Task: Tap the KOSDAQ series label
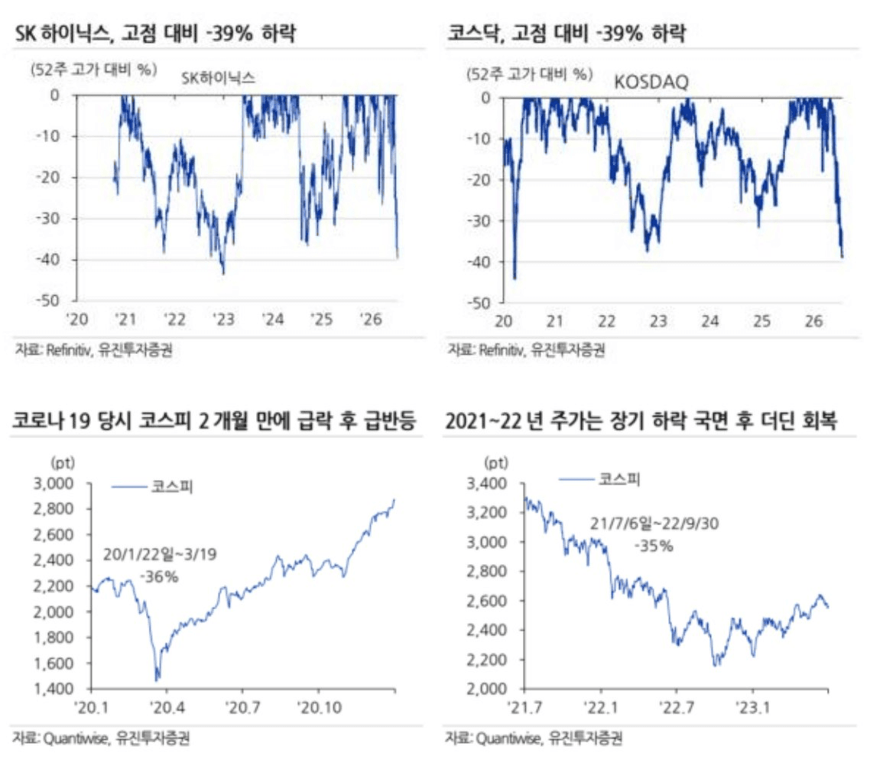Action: (651, 83)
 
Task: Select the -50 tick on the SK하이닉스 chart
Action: (48, 300)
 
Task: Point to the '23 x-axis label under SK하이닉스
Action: (223, 320)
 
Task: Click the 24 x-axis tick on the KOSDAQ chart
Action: (709, 321)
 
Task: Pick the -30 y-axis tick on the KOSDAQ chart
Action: (479, 221)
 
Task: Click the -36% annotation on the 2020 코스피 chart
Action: (160, 577)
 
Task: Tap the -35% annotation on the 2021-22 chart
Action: (654, 546)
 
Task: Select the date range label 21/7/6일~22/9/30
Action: (654, 524)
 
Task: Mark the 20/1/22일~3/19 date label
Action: (160, 554)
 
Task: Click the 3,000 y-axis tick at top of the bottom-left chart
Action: (54, 484)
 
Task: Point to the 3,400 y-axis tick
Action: (486, 484)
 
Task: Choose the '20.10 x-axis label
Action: (319, 708)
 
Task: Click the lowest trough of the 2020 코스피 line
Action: (157, 680)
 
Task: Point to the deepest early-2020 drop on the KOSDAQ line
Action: (515, 278)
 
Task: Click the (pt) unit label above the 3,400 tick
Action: (495, 462)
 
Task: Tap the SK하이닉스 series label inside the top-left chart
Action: (218, 78)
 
